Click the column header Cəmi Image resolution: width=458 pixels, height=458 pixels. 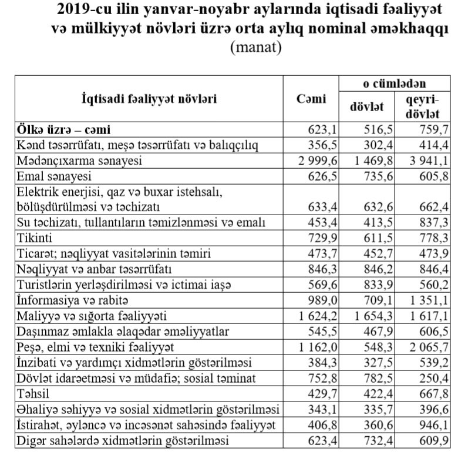coord(311,99)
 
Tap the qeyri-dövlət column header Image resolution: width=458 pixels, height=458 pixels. coord(422,107)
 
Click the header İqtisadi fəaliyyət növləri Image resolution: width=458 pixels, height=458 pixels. coord(149,99)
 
